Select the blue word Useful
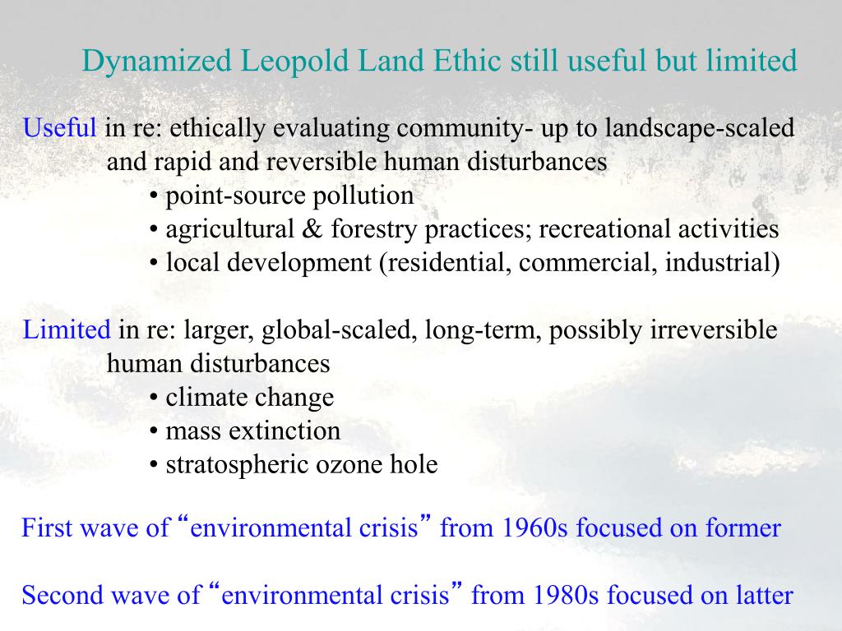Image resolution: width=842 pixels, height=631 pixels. tap(60, 128)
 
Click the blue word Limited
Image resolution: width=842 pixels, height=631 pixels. tap(67, 330)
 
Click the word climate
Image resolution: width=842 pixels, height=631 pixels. tap(206, 398)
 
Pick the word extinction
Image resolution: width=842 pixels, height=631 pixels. tap(287, 431)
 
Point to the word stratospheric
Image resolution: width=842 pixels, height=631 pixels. tap(238, 466)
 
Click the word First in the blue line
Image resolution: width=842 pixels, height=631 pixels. tap(46, 527)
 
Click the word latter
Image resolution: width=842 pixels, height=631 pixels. tap(761, 595)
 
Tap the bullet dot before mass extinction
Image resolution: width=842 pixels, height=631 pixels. tap(155, 432)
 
